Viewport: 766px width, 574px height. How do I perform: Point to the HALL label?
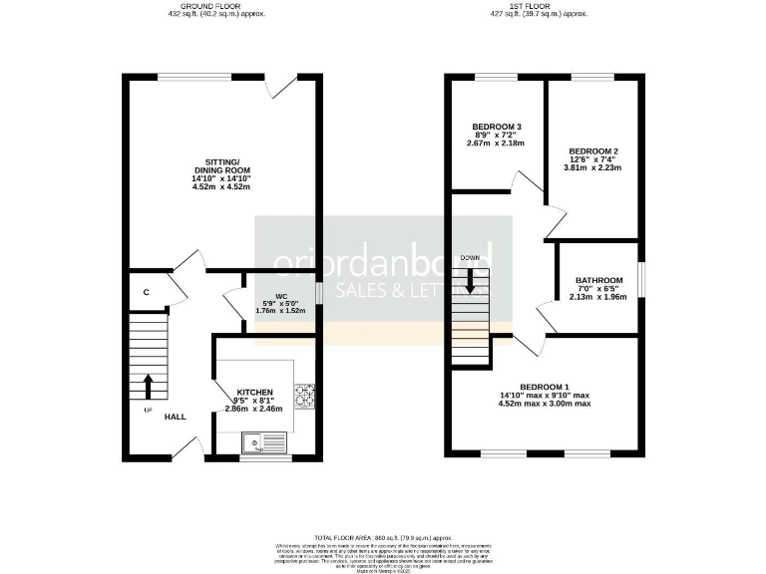click(x=176, y=418)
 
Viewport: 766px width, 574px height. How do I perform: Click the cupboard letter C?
click(x=146, y=292)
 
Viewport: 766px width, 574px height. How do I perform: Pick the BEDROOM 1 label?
click(x=545, y=387)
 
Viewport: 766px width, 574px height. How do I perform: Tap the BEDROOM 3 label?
click(x=497, y=127)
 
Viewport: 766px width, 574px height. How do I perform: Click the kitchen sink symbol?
click(x=265, y=440)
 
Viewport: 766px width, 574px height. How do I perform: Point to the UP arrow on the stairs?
click(x=149, y=384)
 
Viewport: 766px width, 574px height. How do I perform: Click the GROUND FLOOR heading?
click(x=216, y=7)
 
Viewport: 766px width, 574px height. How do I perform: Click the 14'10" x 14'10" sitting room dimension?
click(x=219, y=178)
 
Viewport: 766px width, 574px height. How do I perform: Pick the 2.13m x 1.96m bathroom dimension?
click(x=597, y=296)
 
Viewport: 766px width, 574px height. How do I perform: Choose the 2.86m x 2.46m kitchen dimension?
click(x=254, y=409)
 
